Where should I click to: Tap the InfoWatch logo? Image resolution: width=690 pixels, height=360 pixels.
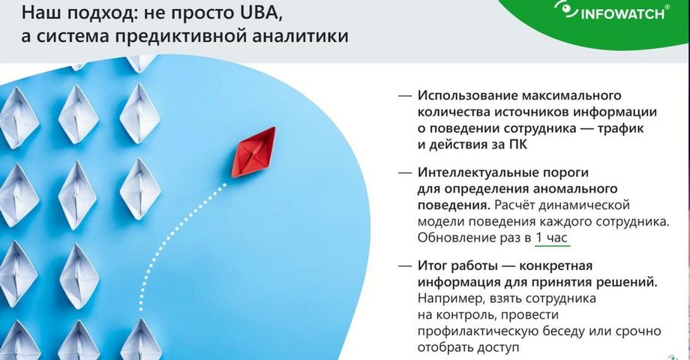[612, 11]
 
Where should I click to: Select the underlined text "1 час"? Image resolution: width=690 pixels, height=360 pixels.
[552, 238]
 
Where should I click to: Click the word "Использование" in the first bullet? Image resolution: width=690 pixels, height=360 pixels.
[467, 95]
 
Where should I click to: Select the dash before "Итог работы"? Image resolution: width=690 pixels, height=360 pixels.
[405, 266]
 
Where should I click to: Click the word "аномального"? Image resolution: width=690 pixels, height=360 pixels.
[575, 189]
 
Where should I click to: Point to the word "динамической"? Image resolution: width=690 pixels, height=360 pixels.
[584, 205]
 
